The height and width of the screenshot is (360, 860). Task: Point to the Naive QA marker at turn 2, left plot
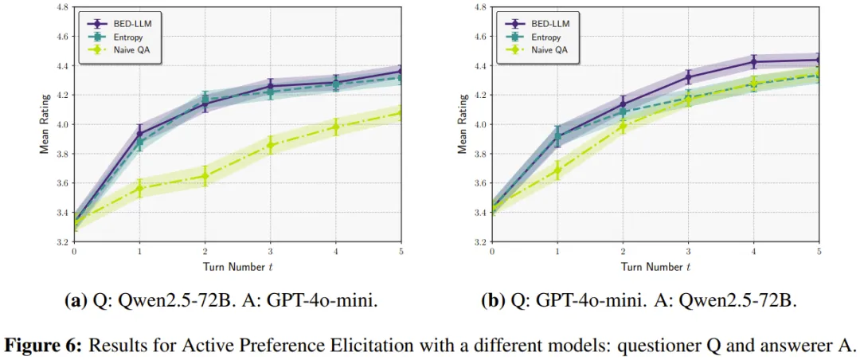coord(205,175)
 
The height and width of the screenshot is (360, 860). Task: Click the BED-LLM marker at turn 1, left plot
coord(139,133)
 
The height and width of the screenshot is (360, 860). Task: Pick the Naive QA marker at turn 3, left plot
coord(271,145)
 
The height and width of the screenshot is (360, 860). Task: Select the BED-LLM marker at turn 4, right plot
coord(753,61)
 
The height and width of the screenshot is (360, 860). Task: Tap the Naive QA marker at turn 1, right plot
coord(557,169)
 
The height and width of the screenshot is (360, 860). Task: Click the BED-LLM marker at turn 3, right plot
coord(688,76)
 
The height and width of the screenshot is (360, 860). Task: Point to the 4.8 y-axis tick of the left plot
coord(64,7)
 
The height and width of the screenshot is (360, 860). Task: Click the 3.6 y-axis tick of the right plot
coord(481,183)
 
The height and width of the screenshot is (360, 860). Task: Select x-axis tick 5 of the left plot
coord(401,251)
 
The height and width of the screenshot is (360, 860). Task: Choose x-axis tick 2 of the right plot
coord(623,251)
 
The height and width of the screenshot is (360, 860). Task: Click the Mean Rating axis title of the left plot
coord(45,124)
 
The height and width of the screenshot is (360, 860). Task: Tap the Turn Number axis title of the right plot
coord(655,267)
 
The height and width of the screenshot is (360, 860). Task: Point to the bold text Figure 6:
coord(45,346)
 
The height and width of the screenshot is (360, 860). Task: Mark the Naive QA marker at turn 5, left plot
coord(401,113)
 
